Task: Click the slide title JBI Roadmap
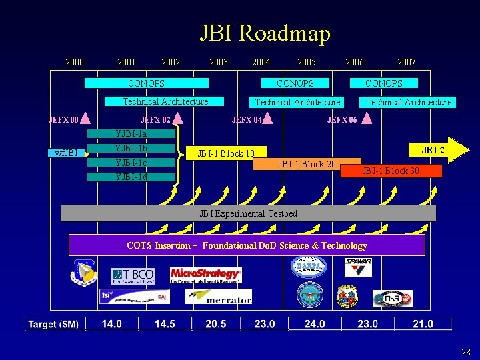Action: pos(265,33)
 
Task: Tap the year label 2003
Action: pos(219,62)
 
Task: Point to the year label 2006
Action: pos(355,62)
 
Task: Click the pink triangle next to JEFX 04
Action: pos(267,119)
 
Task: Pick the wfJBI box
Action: pos(66,153)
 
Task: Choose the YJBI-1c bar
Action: pos(131,163)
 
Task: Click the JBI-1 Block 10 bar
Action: pos(227,153)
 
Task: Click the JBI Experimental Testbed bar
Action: pos(249,213)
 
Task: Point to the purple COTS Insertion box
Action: pos(247,245)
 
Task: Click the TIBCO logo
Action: pos(133,275)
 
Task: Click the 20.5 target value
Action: pos(216,324)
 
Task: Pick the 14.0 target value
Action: pos(112,324)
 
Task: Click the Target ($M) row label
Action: pos(53,324)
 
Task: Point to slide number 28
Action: pos(465,351)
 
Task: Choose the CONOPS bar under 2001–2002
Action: pos(146,83)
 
